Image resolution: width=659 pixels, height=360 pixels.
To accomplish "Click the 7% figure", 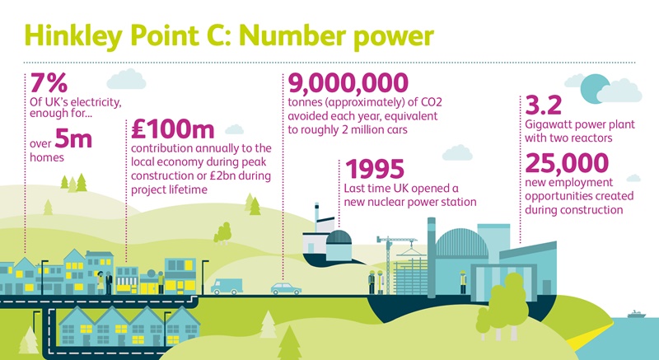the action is click(49, 82).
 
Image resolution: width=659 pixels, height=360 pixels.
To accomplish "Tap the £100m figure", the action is click(172, 129).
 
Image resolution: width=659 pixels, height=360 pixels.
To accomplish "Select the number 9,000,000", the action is click(348, 83).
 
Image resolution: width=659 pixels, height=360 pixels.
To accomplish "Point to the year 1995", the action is click(375, 169).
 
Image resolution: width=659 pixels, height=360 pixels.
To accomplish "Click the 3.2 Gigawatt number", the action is click(543, 105).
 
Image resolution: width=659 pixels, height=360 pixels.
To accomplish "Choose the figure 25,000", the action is click(567, 163).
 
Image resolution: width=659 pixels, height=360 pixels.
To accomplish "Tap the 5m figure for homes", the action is click(73, 139).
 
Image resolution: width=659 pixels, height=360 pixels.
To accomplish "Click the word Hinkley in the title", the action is click(73, 36).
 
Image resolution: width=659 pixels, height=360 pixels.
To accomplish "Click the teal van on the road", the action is click(227, 286).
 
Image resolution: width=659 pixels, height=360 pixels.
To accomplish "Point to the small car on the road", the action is click(286, 288).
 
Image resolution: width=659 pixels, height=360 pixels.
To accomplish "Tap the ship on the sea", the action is click(636, 314).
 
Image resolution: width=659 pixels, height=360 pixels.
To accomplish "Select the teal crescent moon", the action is click(592, 89).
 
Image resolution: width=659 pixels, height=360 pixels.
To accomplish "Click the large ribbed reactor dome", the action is click(461, 242).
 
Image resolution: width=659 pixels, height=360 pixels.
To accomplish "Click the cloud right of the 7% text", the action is click(126, 79).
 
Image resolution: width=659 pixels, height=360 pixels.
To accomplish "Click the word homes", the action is click(47, 157).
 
